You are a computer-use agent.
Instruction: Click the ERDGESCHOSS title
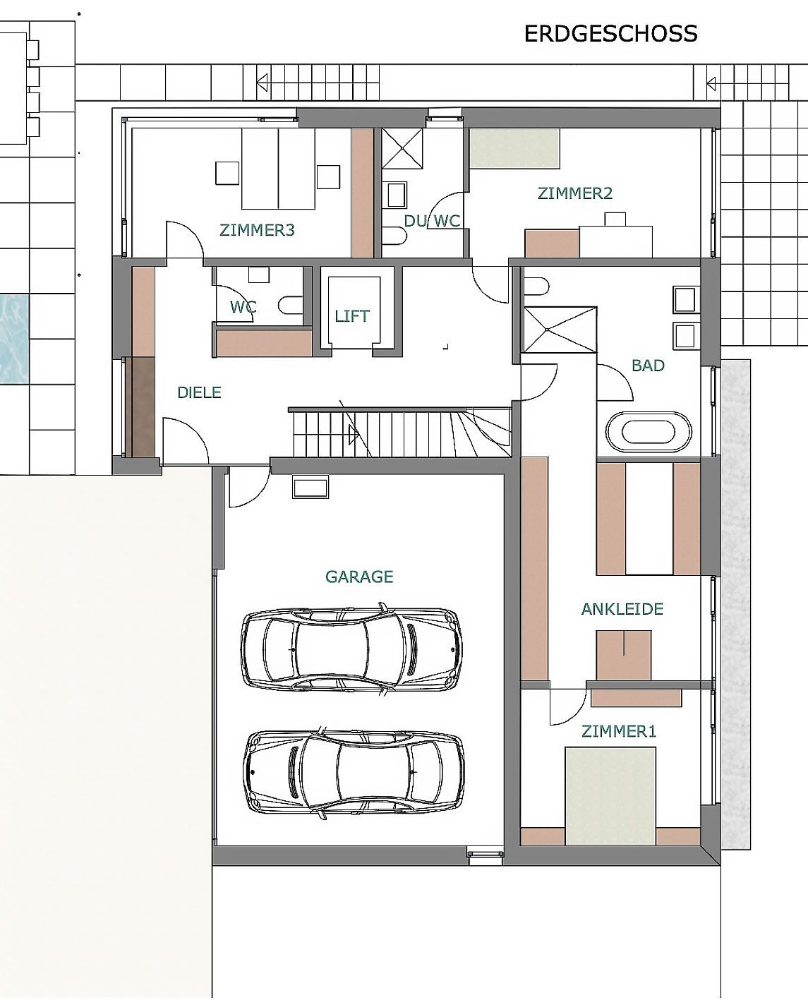[610, 34]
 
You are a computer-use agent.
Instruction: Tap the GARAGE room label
[359, 577]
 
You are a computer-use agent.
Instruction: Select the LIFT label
[352, 316]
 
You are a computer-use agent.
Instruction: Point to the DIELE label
[199, 392]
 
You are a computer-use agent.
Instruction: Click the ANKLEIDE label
[622, 609]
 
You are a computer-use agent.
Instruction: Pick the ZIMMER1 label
[618, 731]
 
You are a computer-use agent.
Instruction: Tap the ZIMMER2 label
[574, 193]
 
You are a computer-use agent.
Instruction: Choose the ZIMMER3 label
[257, 230]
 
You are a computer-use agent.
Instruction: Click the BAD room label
[648, 366]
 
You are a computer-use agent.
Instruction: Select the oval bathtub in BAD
[649, 431]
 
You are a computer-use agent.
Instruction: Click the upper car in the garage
[351, 649]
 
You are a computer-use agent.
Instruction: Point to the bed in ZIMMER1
[610, 796]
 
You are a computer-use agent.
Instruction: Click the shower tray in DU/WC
[402, 148]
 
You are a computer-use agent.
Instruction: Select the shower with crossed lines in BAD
[560, 330]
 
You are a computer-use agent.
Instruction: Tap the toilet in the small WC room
[291, 305]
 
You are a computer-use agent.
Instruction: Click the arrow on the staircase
[354, 435]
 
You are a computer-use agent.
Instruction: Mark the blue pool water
[14, 339]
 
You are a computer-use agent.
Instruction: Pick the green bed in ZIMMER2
[514, 148]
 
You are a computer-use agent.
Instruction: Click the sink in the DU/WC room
[397, 195]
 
